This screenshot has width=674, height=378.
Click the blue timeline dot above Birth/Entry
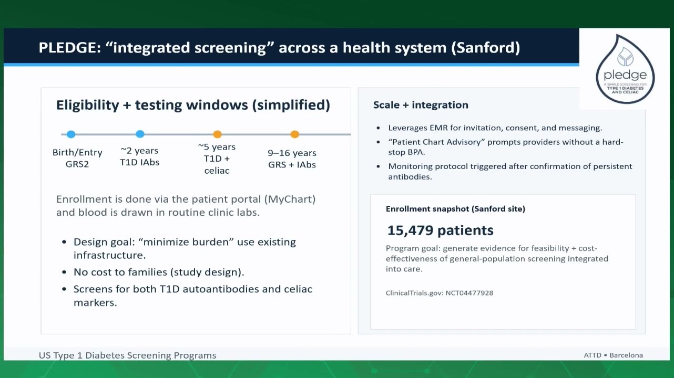(71, 134)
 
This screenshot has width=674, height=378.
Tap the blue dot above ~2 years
(140, 134)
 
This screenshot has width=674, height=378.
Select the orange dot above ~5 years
(217, 134)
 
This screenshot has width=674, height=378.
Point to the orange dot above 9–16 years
(294, 134)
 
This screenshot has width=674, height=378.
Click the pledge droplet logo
(625, 69)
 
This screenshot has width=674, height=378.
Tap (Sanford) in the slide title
(485, 48)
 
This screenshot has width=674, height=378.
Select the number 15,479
(410, 230)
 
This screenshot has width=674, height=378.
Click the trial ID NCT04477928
(469, 293)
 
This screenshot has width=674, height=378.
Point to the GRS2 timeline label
(77, 164)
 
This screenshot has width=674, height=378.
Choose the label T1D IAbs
(140, 162)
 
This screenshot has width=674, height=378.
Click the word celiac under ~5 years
(217, 171)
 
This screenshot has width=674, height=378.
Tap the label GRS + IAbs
(292, 165)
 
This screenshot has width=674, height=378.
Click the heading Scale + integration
(421, 105)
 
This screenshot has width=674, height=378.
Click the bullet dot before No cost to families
(64, 272)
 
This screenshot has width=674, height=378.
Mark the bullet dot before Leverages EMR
(378, 128)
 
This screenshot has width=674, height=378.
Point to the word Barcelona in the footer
(626, 355)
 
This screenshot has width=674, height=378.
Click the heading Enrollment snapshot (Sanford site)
(455, 209)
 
